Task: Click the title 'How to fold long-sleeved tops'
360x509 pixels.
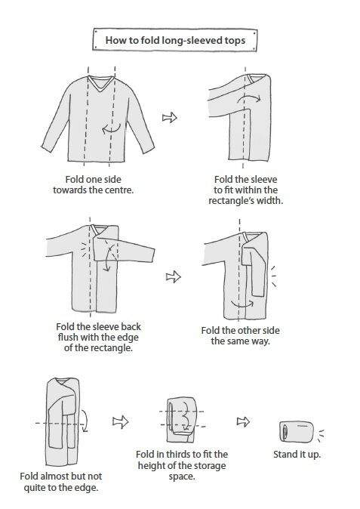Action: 175,40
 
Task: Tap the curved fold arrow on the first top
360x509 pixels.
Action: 111,128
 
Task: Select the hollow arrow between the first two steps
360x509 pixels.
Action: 169,117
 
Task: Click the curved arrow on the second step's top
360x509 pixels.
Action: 249,97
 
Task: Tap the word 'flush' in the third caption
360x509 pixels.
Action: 68,338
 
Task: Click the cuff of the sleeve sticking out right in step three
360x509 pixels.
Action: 152,255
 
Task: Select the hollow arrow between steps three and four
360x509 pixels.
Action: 174,276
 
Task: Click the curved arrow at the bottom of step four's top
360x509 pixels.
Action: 242,304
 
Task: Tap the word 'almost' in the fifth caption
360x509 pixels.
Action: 54,477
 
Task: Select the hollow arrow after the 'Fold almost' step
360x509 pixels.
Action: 121,421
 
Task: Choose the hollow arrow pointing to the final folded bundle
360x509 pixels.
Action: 243,421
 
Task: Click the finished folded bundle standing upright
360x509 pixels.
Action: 297,432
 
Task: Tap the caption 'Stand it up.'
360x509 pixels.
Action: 297,455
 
